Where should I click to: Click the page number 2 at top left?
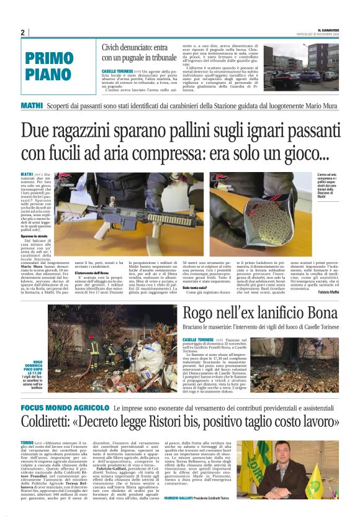pos(22,32)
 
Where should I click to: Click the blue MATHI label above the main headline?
pos(32,106)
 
